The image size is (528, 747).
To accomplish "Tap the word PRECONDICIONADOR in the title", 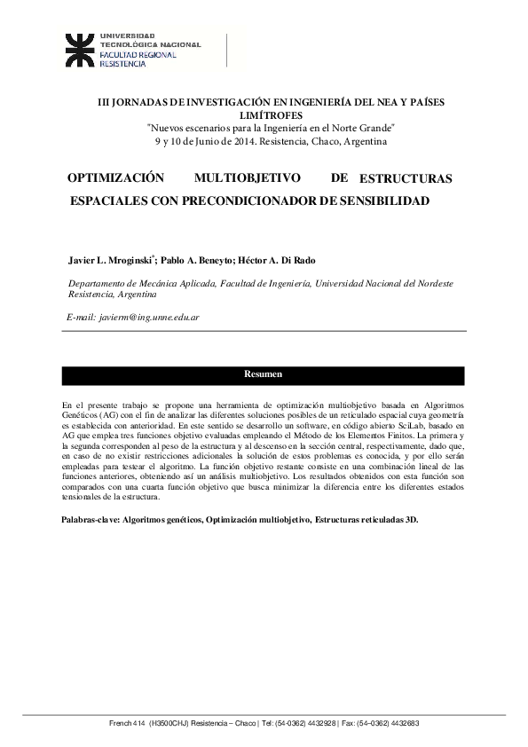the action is click(255, 201).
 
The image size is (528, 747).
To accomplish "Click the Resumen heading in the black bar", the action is click(263, 374).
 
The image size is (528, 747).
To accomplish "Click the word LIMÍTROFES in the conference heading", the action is click(271, 115).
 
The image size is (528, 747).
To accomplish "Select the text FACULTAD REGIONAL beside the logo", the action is click(138, 55).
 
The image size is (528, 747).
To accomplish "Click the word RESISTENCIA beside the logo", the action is click(122, 65).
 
